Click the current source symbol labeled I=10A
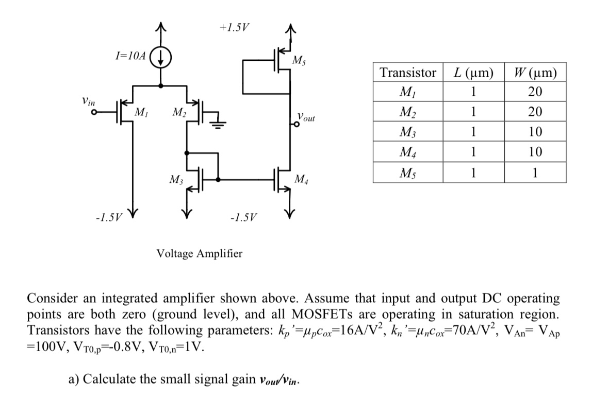point(161,56)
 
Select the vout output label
point(306,118)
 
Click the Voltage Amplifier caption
point(199,253)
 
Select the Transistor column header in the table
point(408,73)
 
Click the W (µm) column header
point(535,73)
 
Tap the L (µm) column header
point(473,73)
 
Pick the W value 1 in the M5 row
point(535,173)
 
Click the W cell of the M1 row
point(535,92)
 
